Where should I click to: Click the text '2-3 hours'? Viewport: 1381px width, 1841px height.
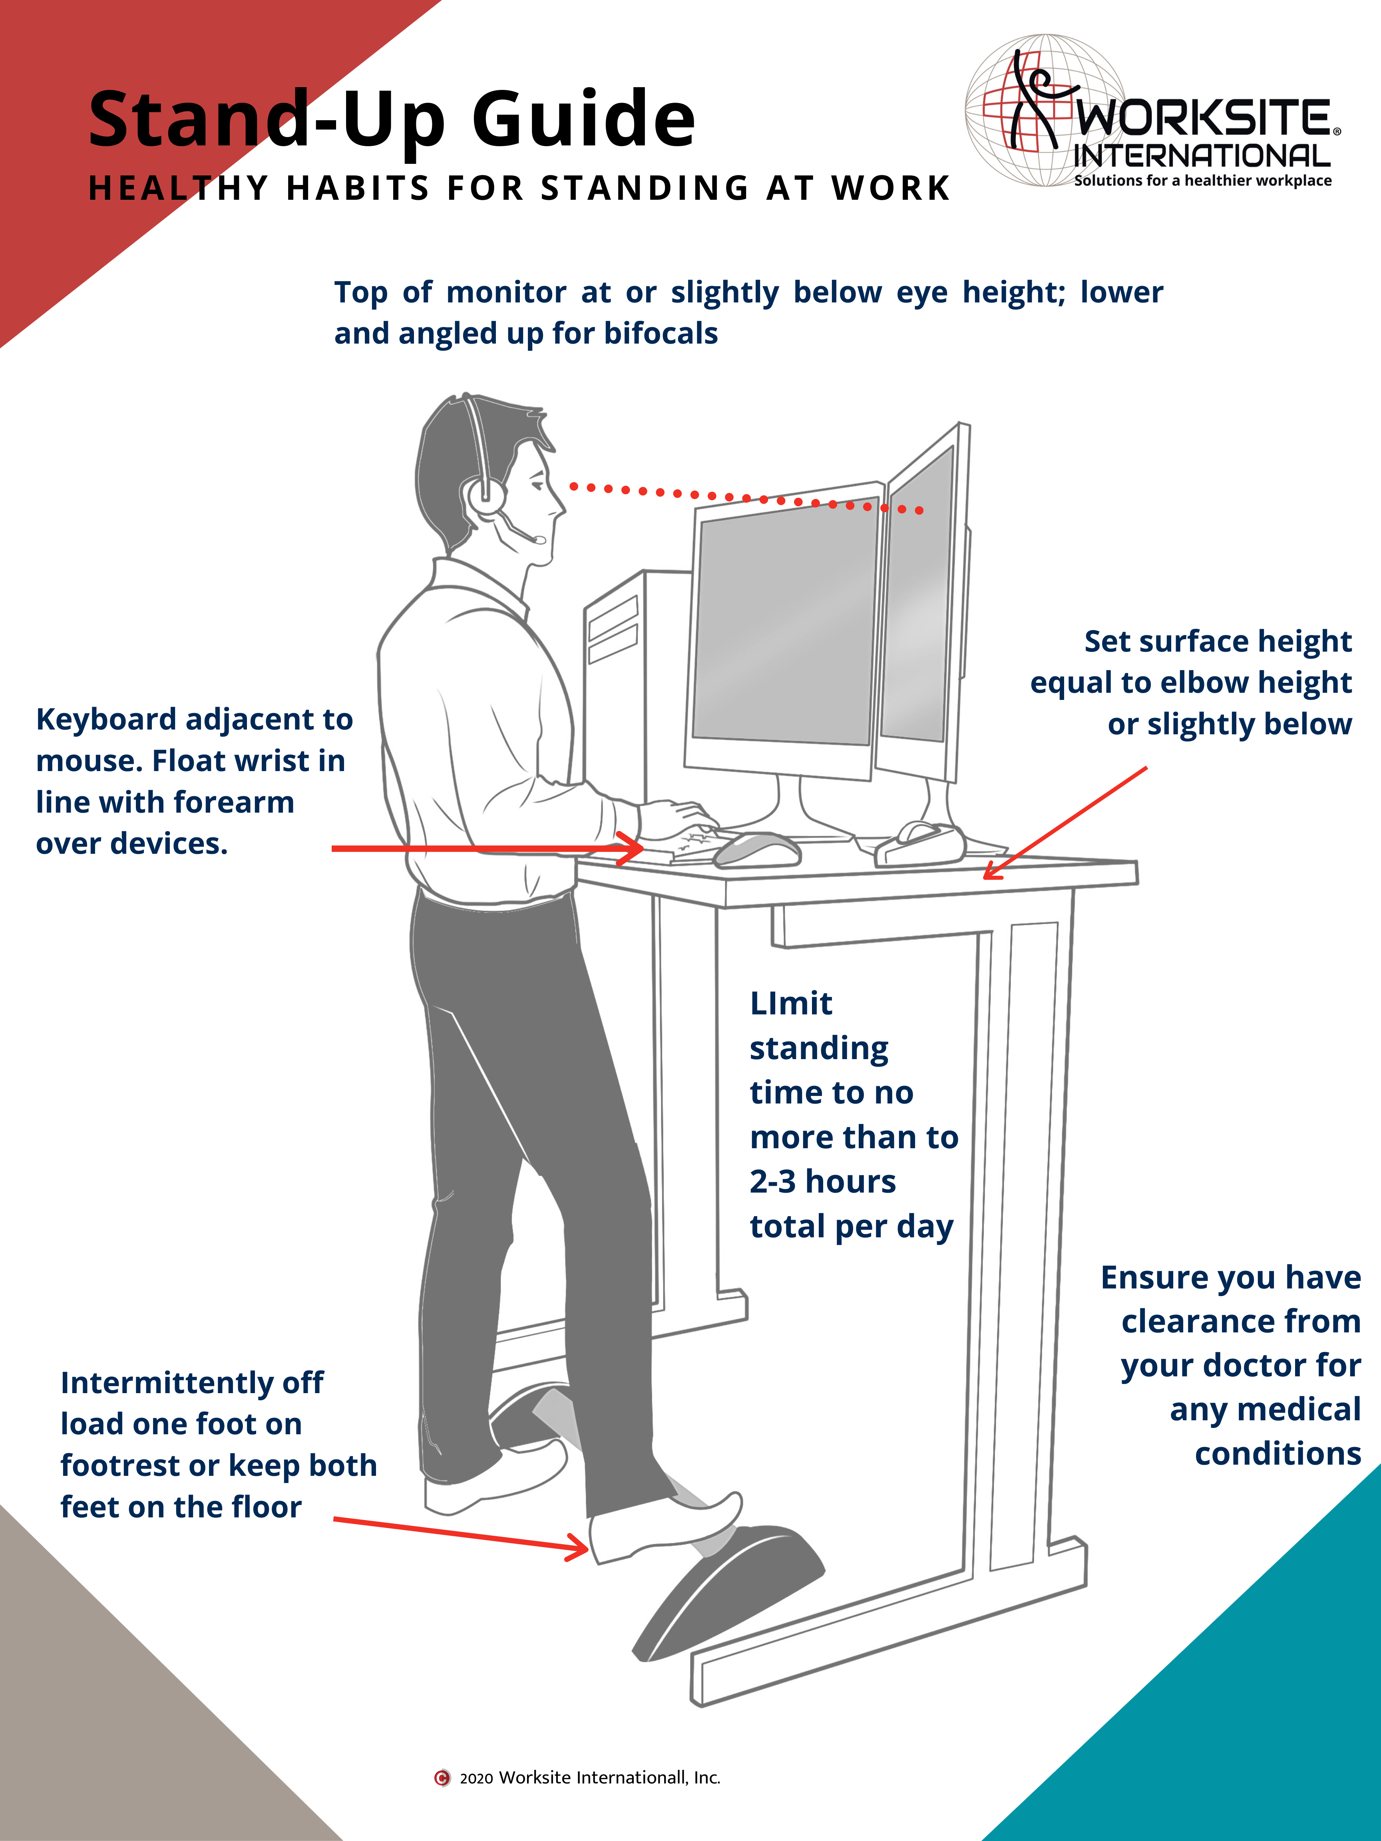(822, 1182)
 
